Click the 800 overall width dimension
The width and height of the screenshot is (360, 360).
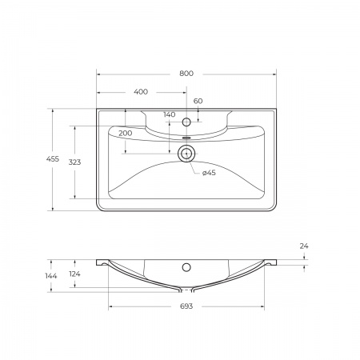pos(186,73)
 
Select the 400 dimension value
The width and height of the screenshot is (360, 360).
pos(141,92)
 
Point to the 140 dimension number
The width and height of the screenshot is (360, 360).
pos(169,114)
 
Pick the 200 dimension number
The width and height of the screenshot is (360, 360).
pos(125,132)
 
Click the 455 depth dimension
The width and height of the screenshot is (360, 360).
pos(52,160)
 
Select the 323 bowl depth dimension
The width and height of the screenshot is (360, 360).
pos(74,162)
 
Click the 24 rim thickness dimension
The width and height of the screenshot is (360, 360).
pos(304,246)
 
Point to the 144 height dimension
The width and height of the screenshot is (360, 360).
pos(52,276)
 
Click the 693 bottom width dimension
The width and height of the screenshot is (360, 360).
pos(186,306)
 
